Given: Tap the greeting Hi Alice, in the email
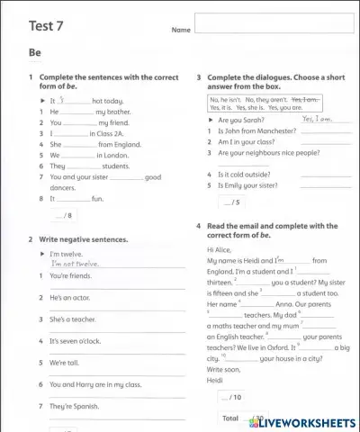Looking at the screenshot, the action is (x=220, y=248).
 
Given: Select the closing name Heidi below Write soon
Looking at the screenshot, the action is (x=216, y=379).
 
